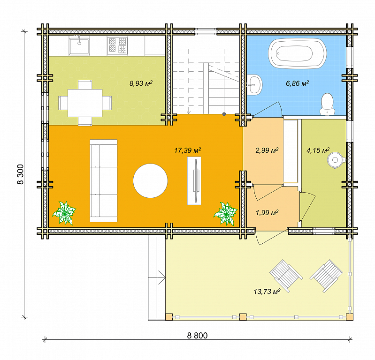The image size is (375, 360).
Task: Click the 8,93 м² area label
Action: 141,83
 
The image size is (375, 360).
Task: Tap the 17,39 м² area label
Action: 187,150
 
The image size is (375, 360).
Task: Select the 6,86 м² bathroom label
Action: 297,83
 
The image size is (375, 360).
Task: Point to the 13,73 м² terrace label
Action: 267,292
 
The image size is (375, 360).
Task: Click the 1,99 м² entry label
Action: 267,212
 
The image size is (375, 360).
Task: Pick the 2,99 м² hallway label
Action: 267,150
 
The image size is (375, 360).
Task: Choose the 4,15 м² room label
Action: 318,150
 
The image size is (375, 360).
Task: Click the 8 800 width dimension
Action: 197,336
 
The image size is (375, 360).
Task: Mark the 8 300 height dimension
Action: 21,174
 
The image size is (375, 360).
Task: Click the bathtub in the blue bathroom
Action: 297,53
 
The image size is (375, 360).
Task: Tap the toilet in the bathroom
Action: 327,104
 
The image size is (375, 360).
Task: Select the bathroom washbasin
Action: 254,85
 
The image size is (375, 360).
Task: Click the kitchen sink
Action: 79,46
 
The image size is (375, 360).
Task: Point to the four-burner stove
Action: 117,45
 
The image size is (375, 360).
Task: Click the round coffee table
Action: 150,180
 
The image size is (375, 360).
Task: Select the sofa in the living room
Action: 104,180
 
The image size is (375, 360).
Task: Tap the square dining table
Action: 85,103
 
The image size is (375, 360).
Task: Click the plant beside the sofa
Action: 64,213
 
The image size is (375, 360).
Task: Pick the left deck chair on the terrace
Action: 286,276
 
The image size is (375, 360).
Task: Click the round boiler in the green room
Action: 336,160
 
